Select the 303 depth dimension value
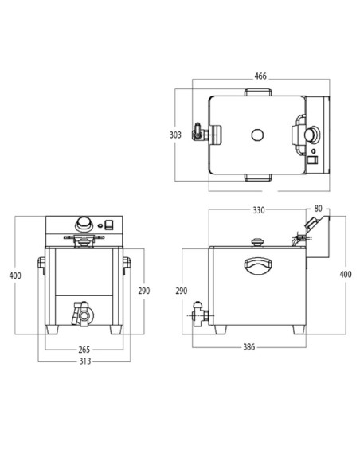[x=175, y=135]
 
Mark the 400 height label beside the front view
[x=16, y=275]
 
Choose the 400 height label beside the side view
[x=345, y=274]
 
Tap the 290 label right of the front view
[x=144, y=291]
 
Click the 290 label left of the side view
[x=181, y=291]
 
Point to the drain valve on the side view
[x=199, y=315]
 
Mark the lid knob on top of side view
[x=256, y=241]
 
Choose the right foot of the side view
[x=299, y=329]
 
